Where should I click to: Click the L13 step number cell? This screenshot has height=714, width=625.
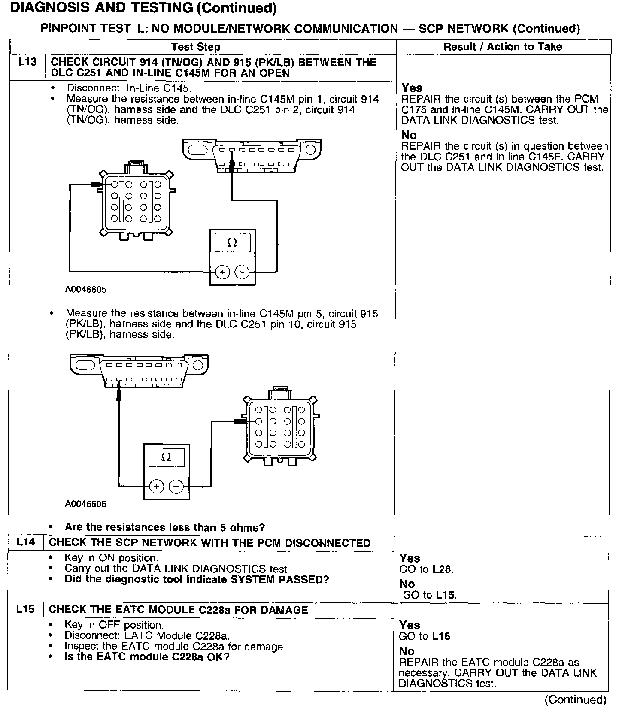(x=27, y=63)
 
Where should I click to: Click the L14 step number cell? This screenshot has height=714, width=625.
(x=26, y=542)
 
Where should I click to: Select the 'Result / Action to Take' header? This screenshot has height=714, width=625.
(x=503, y=47)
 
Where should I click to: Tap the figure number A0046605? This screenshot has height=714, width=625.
(x=86, y=290)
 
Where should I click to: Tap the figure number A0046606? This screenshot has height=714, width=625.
(x=86, y=504)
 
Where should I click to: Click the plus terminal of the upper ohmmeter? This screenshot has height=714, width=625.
(x=222, y=272)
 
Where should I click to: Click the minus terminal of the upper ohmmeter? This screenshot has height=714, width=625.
(x=242, y=272)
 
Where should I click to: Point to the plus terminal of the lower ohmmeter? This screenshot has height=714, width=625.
(x=157, y=486)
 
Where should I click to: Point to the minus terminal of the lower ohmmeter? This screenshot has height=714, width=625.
(x=176, y=486)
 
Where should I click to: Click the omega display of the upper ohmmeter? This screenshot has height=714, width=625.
(x=232, y=243)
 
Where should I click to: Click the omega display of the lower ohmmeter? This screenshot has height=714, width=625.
(x=166, y=457)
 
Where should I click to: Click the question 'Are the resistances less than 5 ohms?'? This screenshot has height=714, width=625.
(x=164, y=527)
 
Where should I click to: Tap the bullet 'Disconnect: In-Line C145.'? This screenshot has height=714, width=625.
(x=129, y=88)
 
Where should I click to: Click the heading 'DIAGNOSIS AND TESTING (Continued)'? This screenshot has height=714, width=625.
(x=143, y=8)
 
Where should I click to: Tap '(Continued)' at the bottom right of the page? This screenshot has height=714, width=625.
(x=575, y=700)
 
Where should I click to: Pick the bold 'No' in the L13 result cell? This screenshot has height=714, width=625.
(x=409, y=136)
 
